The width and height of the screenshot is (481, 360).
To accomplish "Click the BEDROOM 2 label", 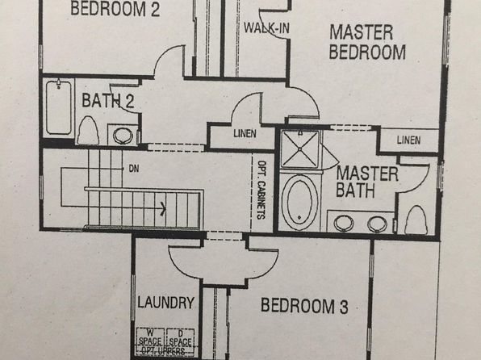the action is click(x=115, y=8).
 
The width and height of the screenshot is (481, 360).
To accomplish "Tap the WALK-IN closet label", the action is click(x=266, y=28).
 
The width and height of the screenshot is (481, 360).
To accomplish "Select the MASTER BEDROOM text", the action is click(x=367, y=42).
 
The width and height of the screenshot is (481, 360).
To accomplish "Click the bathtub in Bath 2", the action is click(x=59, y=107).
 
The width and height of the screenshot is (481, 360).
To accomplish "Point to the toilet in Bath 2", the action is click(x=88, y=130).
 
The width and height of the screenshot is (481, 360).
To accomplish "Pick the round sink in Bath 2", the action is click(x=123, y=135).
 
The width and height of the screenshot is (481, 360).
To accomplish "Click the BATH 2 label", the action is click(x=108, y=101).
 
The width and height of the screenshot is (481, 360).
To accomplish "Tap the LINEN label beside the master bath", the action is click(x=408, y=140).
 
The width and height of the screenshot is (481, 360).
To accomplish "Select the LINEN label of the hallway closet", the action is click(x=245, y=133).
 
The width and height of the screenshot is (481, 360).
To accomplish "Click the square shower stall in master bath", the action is click(x=299, y=149).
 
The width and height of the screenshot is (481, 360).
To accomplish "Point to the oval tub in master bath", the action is click(x=299, y=202).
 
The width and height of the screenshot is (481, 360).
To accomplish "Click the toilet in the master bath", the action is click(x=416, y=220).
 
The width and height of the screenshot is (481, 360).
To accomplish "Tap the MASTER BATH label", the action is click(x=367, y=182).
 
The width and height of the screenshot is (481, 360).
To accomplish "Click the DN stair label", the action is click(x=134, y=169).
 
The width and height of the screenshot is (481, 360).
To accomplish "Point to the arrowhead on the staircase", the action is click(x=163, y=209).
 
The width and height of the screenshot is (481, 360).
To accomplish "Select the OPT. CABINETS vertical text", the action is click(x=261, y=190).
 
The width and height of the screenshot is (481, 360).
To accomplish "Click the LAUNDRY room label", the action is click(x=165, y=303).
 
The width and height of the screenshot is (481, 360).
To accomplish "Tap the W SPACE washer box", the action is click(x=150, y=338).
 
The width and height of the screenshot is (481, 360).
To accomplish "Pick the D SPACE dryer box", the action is click(x=181, y=338).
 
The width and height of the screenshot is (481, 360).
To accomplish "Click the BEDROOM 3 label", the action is click(x=304, y=306).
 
